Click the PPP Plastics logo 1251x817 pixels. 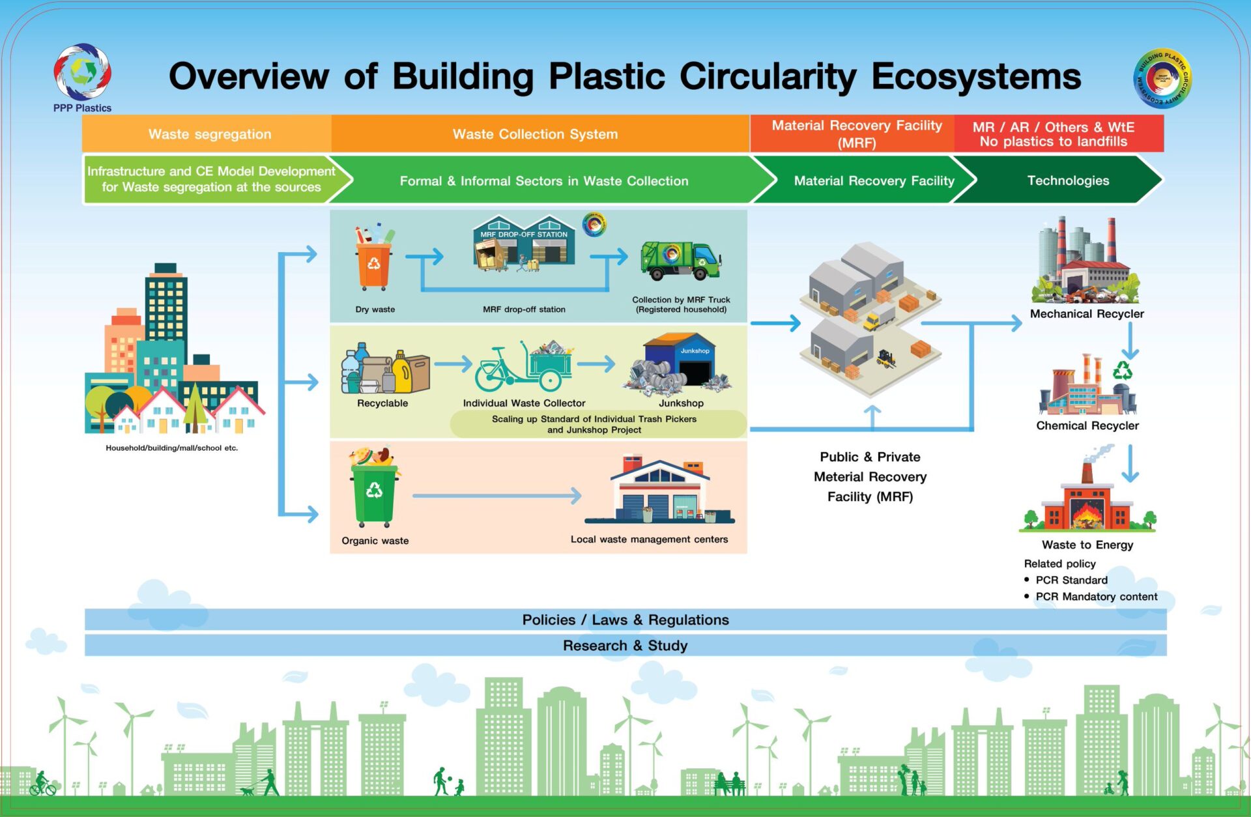tap(82, 73)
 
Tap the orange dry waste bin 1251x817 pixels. tap(374, 265)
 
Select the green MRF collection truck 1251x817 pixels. tap(680, 260)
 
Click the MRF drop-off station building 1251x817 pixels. tap(524, 244)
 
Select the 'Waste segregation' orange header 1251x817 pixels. tap(209, 134)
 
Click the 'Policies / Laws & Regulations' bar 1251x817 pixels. tap(625, 620)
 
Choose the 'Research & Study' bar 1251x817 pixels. tap(625, 646)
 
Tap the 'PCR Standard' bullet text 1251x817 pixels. tap(1071, 580)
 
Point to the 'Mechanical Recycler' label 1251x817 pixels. tap(1087, 313)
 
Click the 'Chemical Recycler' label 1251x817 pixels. tap(1087, 425)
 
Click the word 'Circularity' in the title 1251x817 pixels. tap(768, 76)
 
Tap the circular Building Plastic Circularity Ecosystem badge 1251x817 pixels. tap(1162, 79)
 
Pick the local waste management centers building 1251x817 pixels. tap(659, 492)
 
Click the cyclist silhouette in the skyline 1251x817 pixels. tap(42, 783)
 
